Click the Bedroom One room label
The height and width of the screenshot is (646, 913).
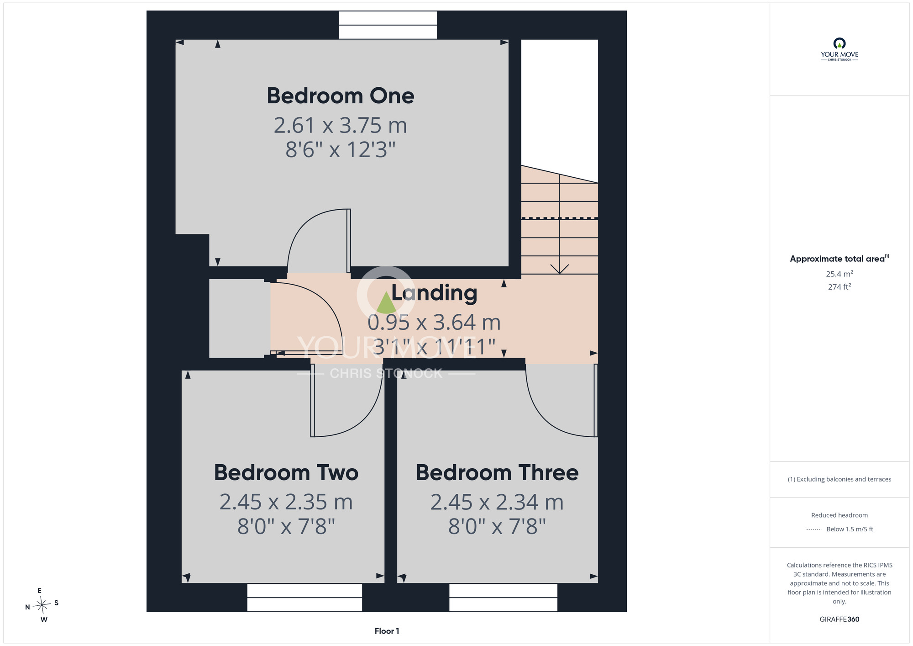341,96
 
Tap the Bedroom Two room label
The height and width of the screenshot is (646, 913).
286,472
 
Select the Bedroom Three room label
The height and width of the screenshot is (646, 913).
497,472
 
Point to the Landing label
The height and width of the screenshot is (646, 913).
434,293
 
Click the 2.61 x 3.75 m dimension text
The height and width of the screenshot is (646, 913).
341,125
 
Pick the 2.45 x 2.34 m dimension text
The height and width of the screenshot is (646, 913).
497,502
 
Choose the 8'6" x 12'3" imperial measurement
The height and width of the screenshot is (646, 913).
341,149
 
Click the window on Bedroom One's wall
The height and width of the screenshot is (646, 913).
388,25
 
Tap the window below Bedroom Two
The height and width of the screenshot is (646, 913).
304,597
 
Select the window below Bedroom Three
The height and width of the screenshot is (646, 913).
503,597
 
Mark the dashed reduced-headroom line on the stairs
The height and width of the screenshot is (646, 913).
560,218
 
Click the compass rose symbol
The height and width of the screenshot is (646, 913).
42,605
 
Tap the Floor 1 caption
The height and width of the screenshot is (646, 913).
387,631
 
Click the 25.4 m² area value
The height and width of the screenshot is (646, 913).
839,274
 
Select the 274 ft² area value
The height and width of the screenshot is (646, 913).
839,286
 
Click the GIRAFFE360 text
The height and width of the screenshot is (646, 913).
839,620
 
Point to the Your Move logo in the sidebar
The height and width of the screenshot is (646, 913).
839,49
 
